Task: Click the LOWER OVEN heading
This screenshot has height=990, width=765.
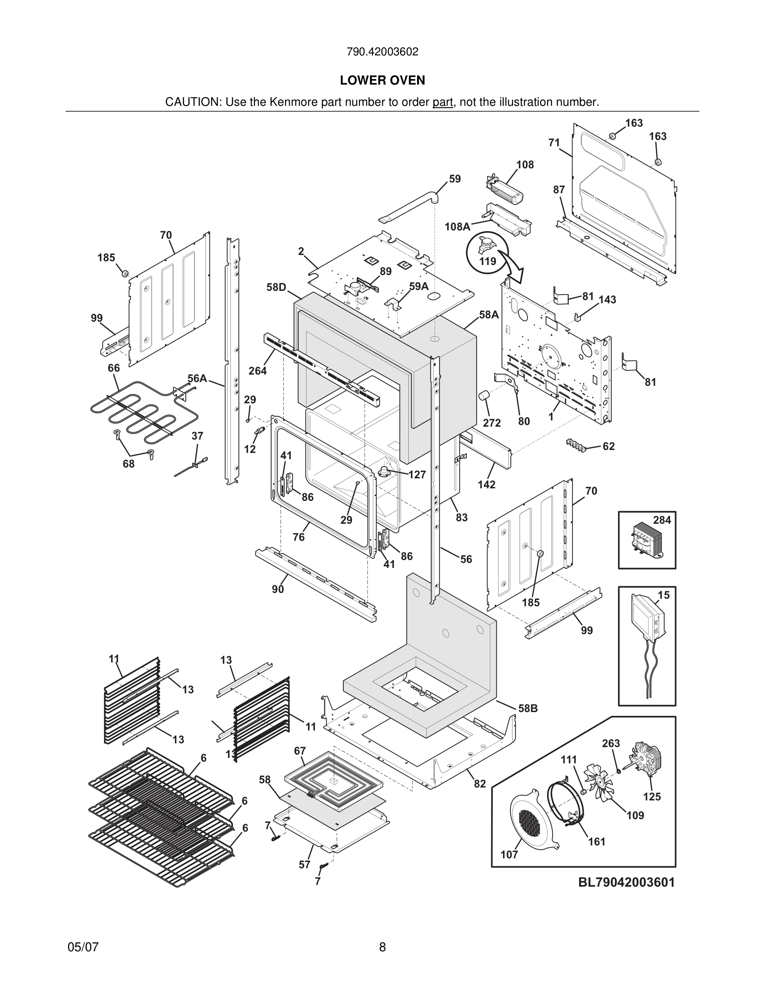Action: [x=382, y=80]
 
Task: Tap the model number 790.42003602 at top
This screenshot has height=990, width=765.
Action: [x=382, y=52]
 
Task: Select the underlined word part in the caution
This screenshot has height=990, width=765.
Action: [x=442, y=102]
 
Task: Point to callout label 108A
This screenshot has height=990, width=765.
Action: [x=457, y=227]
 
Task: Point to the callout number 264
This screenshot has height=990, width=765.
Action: [x=257, y=371]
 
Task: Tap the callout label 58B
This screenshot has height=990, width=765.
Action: [x=527, y=708]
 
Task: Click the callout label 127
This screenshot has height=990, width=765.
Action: [x=417, y=475]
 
